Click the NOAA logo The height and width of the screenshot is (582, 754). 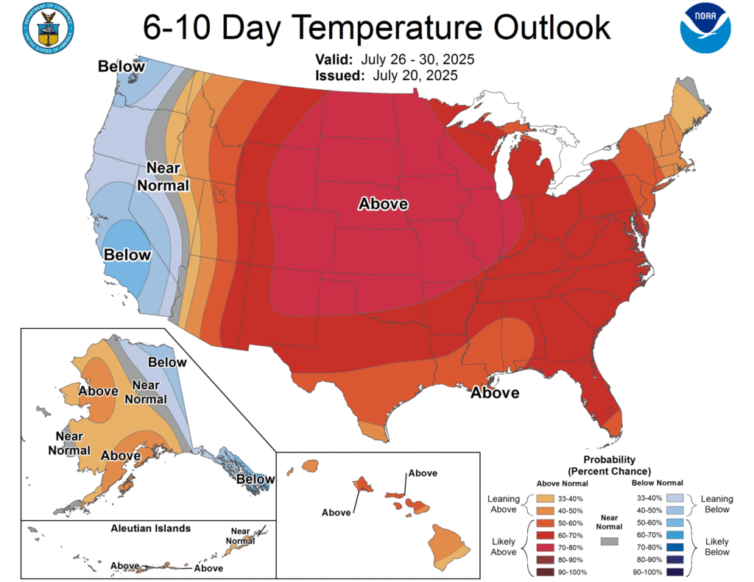(x=705, y=28)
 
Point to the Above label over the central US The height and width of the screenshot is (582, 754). (x=383, y=204)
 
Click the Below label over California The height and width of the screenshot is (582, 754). (x=127, y=255)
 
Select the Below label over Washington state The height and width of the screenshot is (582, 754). (x=121, y=67)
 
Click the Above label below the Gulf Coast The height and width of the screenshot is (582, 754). (x=495, y=393)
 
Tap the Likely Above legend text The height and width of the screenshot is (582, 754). (x=505, y=546)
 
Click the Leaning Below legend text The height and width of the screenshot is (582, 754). (x=716, y=503)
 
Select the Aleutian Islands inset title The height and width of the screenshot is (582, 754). (x=150, y=528)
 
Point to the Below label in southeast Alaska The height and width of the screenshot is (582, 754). (x=255, y=480)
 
